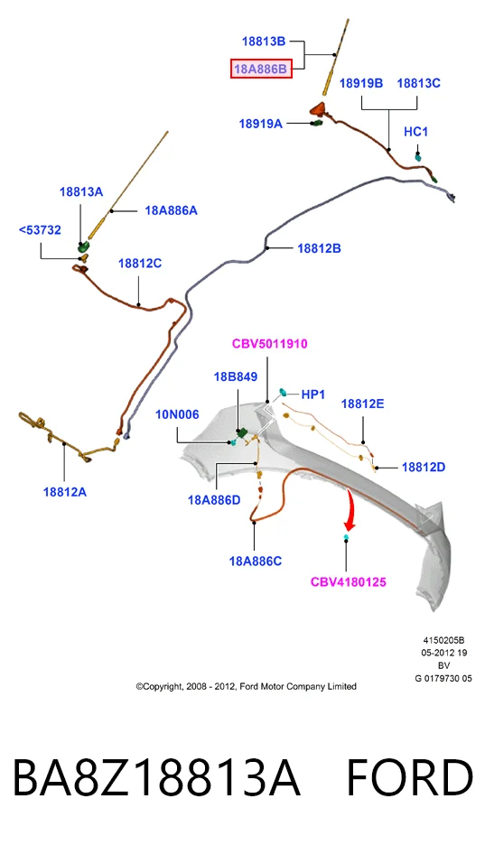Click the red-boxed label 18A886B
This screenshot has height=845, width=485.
pyautogui.click(x=261, y=69)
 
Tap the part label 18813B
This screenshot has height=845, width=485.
pyautogui.click(x=264, y=41)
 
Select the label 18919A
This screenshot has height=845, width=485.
pyautogui.click(x=261, y=124)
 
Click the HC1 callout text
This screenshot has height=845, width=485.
pyautogui.click(x=416, y=132)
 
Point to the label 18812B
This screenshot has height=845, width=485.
pyautogui.click(x=319, y=248)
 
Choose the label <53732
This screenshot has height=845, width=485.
pyautogui.click(x=40, y=230)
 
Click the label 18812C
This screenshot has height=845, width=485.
pyautogui.click(x=140, y=264)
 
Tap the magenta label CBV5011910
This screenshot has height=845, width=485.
pyautogui.click(x=270, y=344)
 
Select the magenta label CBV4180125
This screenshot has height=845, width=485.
pyautogui.click(x=349, y=582)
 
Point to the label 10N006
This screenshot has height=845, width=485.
pyautogui.click(x=177, y=414)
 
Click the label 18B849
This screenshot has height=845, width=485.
pyautogui.click(x=236, y=376)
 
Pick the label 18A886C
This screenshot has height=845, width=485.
pyautogui.click(x=256, y=561)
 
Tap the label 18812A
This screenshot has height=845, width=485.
pyautogui.click(x=65, y=492)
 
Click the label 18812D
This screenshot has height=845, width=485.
pyautogui.click(x=424, y=468)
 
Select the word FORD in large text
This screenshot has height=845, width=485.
pyautogui.click(x=410, y=778)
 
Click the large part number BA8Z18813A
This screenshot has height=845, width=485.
pyautogui.click(x=155, y=778)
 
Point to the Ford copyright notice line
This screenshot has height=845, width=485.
pyautogui.click(x=247, y=686)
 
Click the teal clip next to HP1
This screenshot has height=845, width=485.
pyautogui.click(x=283, y=392)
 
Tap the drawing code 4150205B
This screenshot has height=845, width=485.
pyautogui.click(x=443, y=640)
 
